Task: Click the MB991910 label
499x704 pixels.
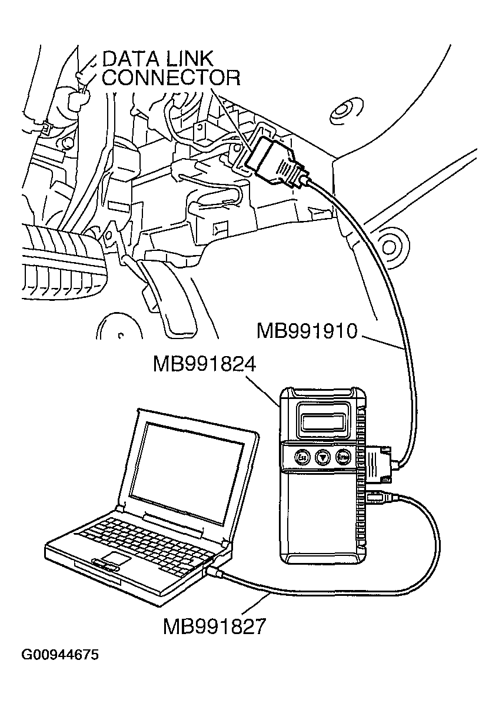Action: point(307,331)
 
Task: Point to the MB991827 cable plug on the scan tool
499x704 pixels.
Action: point(378,497)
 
